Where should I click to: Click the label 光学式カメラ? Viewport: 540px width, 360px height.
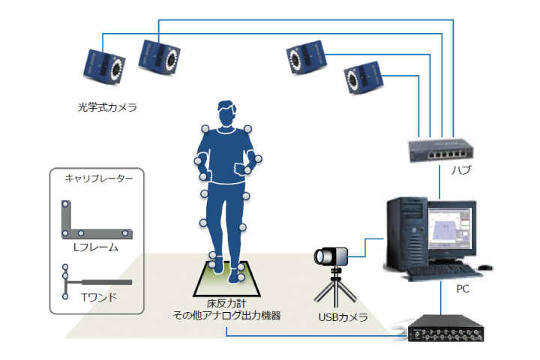107,107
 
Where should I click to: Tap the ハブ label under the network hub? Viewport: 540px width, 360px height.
461,169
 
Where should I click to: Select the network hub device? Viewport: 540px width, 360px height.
440,150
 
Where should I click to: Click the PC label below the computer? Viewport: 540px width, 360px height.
463,289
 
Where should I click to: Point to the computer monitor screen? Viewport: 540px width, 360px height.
450,228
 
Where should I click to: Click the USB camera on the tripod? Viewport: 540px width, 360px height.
331,256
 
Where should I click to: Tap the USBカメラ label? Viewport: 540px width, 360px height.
343,317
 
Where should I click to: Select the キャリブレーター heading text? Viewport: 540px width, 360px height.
99,178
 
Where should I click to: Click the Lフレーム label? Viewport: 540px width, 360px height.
96,247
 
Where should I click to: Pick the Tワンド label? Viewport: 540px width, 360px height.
99,297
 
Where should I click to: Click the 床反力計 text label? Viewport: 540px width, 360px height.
226,304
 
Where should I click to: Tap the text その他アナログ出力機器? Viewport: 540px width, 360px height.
226,316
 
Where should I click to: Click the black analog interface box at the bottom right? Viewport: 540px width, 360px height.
445,328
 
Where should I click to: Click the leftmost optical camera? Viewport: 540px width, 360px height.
104,67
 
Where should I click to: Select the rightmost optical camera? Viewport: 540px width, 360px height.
364,77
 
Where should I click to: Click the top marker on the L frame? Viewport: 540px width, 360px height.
65,204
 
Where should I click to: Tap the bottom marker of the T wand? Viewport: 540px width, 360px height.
65,296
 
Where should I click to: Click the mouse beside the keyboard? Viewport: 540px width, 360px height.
485,267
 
